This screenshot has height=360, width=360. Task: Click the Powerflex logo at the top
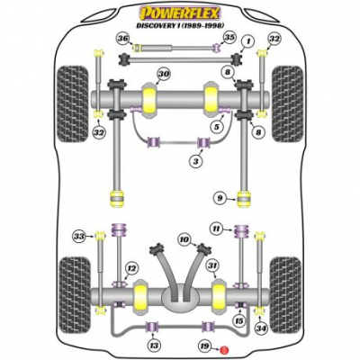coord(180,13)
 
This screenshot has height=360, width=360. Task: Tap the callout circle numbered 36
coord(123,39)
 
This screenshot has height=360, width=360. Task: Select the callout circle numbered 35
coord(229,38)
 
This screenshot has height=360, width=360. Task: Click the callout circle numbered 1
coord(248,41)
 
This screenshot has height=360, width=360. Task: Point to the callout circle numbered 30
coord(164,74)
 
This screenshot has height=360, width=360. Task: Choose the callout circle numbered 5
coord(216,127)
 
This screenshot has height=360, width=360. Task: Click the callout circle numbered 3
coord(196,162)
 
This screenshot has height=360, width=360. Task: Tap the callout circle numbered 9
coord(220,198)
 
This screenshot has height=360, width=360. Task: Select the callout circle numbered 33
coord(79,237)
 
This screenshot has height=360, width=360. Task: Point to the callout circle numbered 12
coord(130,267)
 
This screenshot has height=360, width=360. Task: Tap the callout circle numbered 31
coord(212,265)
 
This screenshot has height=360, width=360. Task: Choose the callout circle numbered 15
coord(238,321)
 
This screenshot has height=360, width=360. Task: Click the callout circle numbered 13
coord(154,346)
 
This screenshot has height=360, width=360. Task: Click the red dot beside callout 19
coord(224,350)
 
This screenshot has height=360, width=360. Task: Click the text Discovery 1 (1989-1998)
coord(180,26)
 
